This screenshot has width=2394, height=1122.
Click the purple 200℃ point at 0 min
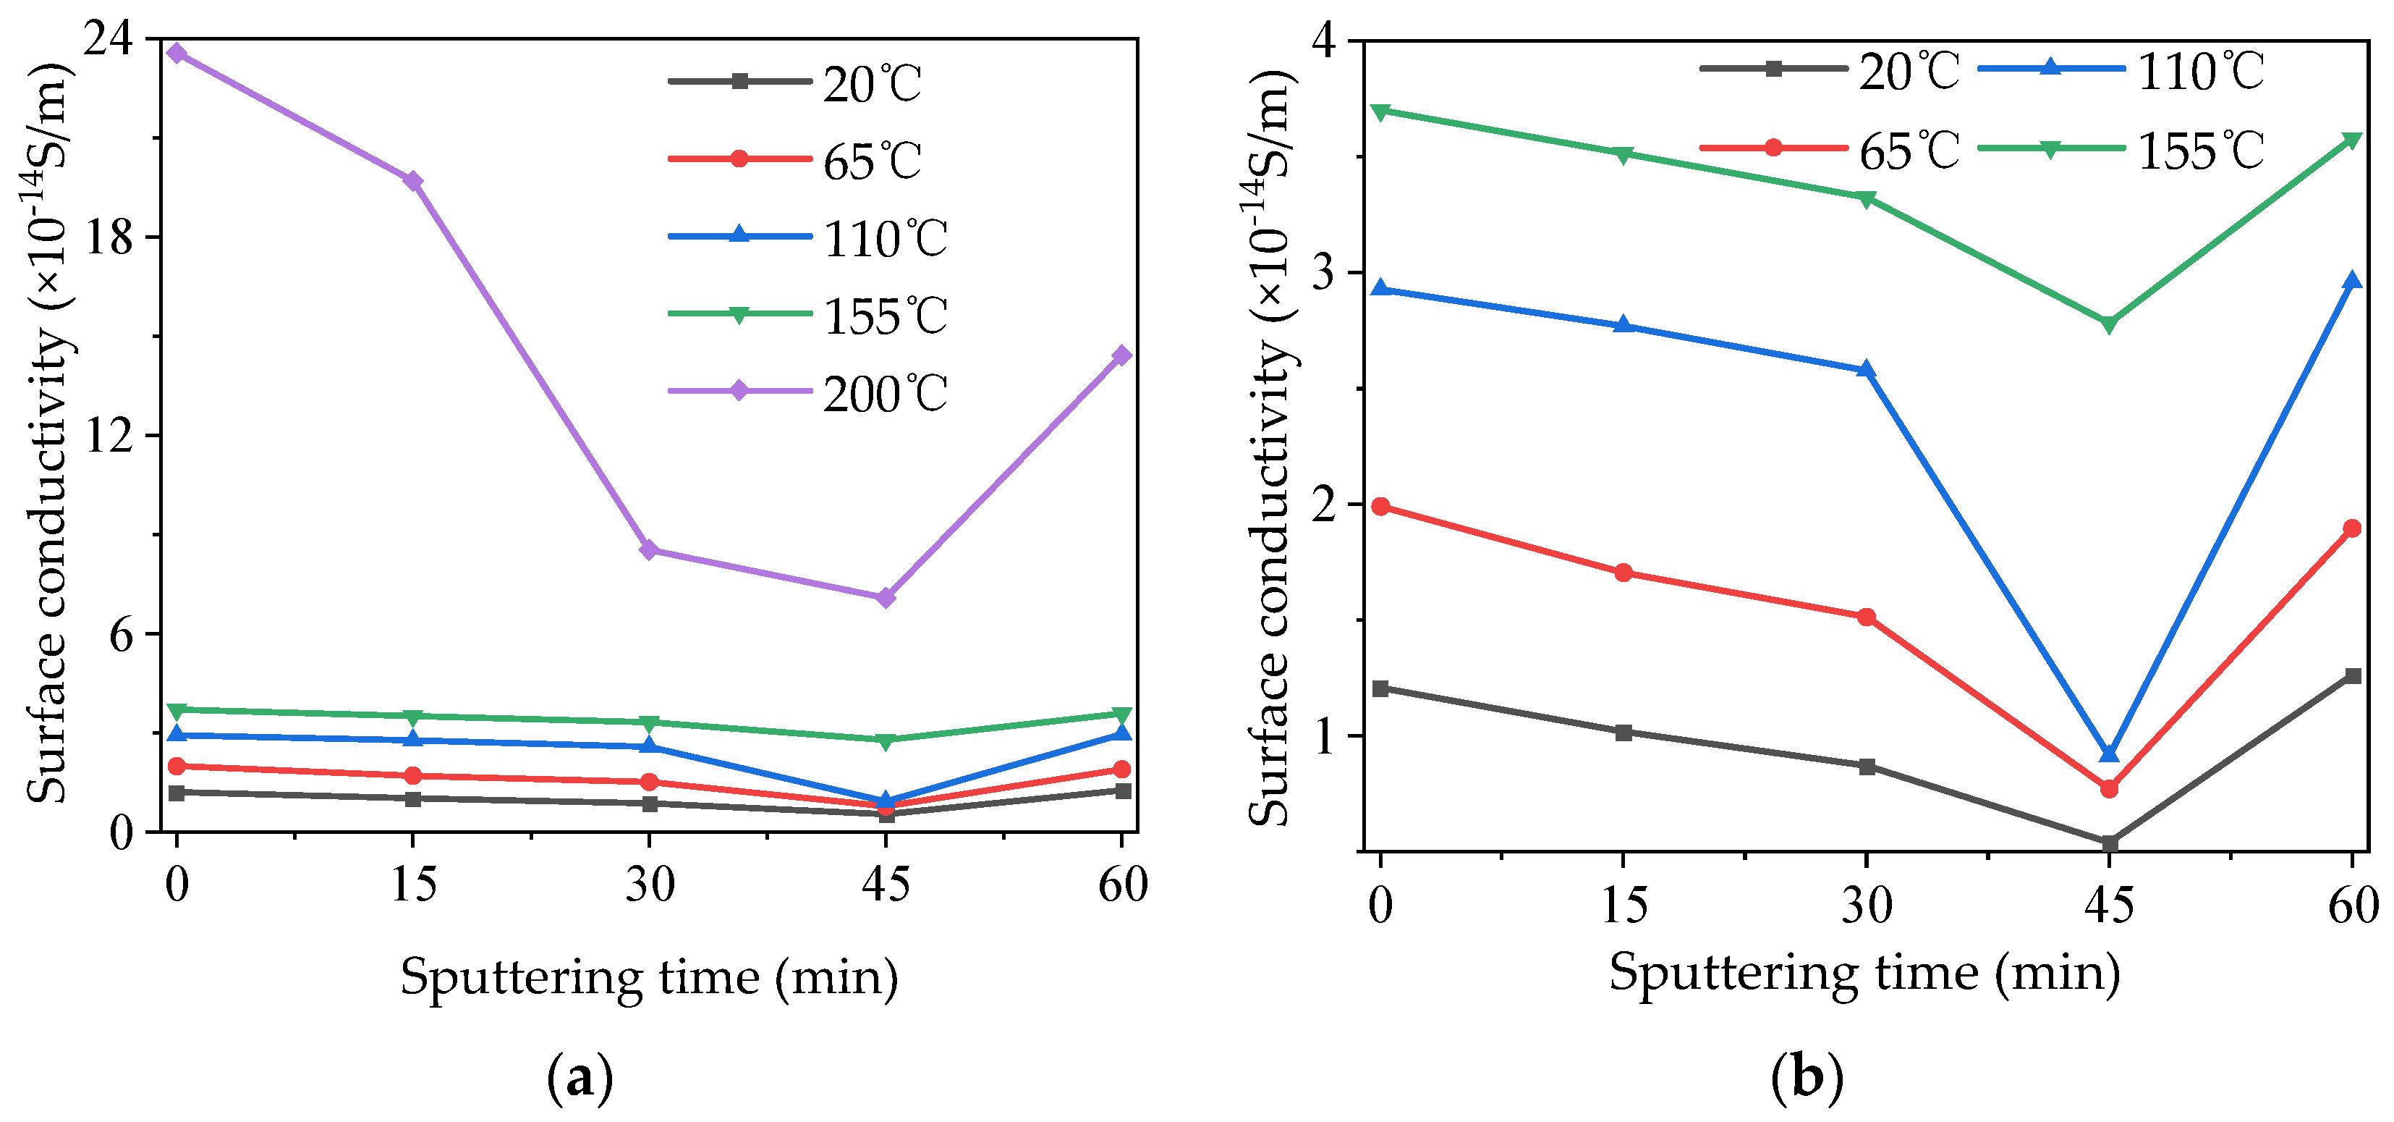click(177, 53)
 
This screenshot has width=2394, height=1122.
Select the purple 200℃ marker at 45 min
click(886, 598)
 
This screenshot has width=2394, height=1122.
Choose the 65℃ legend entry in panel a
click(871, 161)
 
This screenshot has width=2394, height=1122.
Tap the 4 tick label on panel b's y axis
click(1322, 42)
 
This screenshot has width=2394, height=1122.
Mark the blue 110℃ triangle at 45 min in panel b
click(2109, 753)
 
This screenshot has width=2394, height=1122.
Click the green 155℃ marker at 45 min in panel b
click(2109, 324)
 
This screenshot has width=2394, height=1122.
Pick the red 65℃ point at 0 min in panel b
click(1381, 507)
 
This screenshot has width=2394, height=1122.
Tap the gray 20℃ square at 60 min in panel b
click(2352, 676)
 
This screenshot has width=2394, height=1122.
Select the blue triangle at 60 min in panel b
click(2352, 280)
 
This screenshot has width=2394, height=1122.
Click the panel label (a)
click(581, 1079)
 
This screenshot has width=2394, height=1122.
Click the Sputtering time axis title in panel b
click(1864, 974)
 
